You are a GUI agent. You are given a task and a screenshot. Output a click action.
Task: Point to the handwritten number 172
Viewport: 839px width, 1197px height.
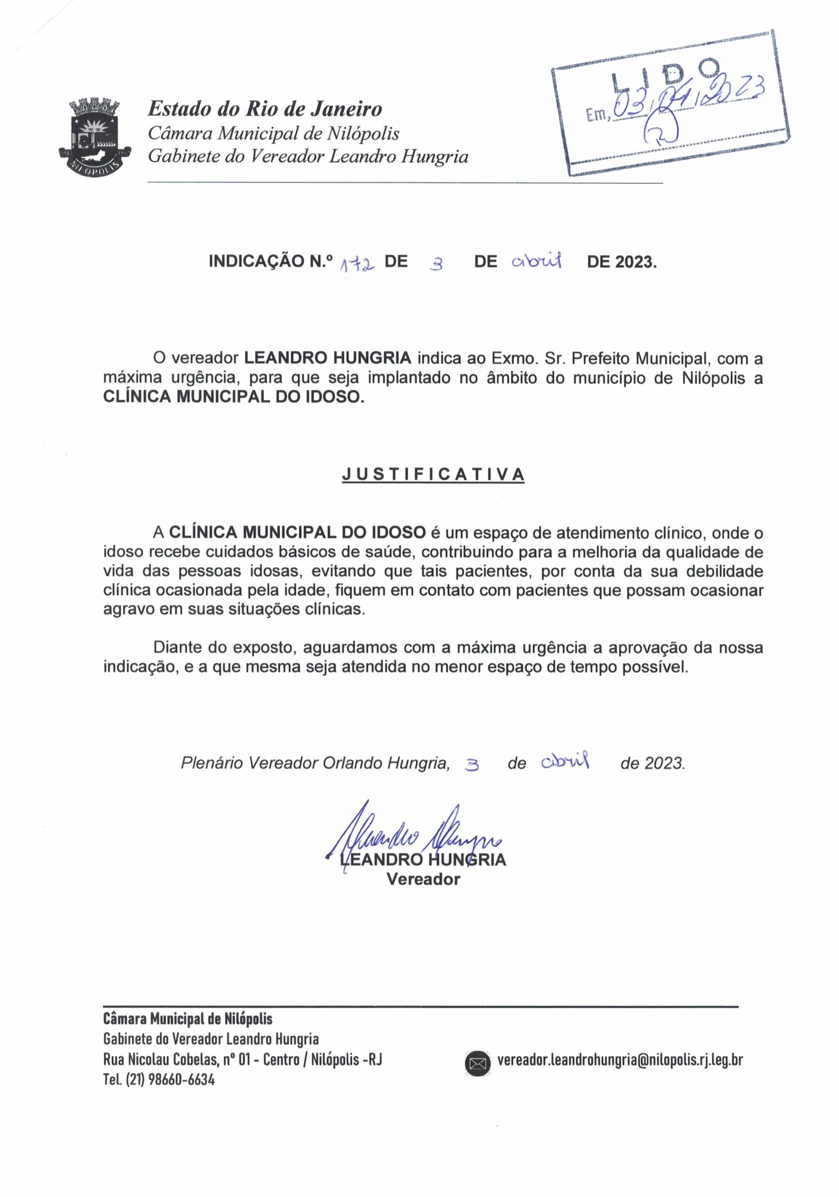click(357, 266)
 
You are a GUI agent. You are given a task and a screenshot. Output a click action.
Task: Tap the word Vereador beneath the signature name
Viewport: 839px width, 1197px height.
click(423, 879)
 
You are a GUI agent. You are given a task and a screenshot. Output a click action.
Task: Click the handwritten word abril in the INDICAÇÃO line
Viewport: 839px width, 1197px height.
click(536, 260)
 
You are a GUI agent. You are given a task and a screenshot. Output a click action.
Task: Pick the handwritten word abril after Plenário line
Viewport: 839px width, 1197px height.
click(565, 762)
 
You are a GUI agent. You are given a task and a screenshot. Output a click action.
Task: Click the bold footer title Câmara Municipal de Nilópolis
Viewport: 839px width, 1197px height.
click(188, 1019)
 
